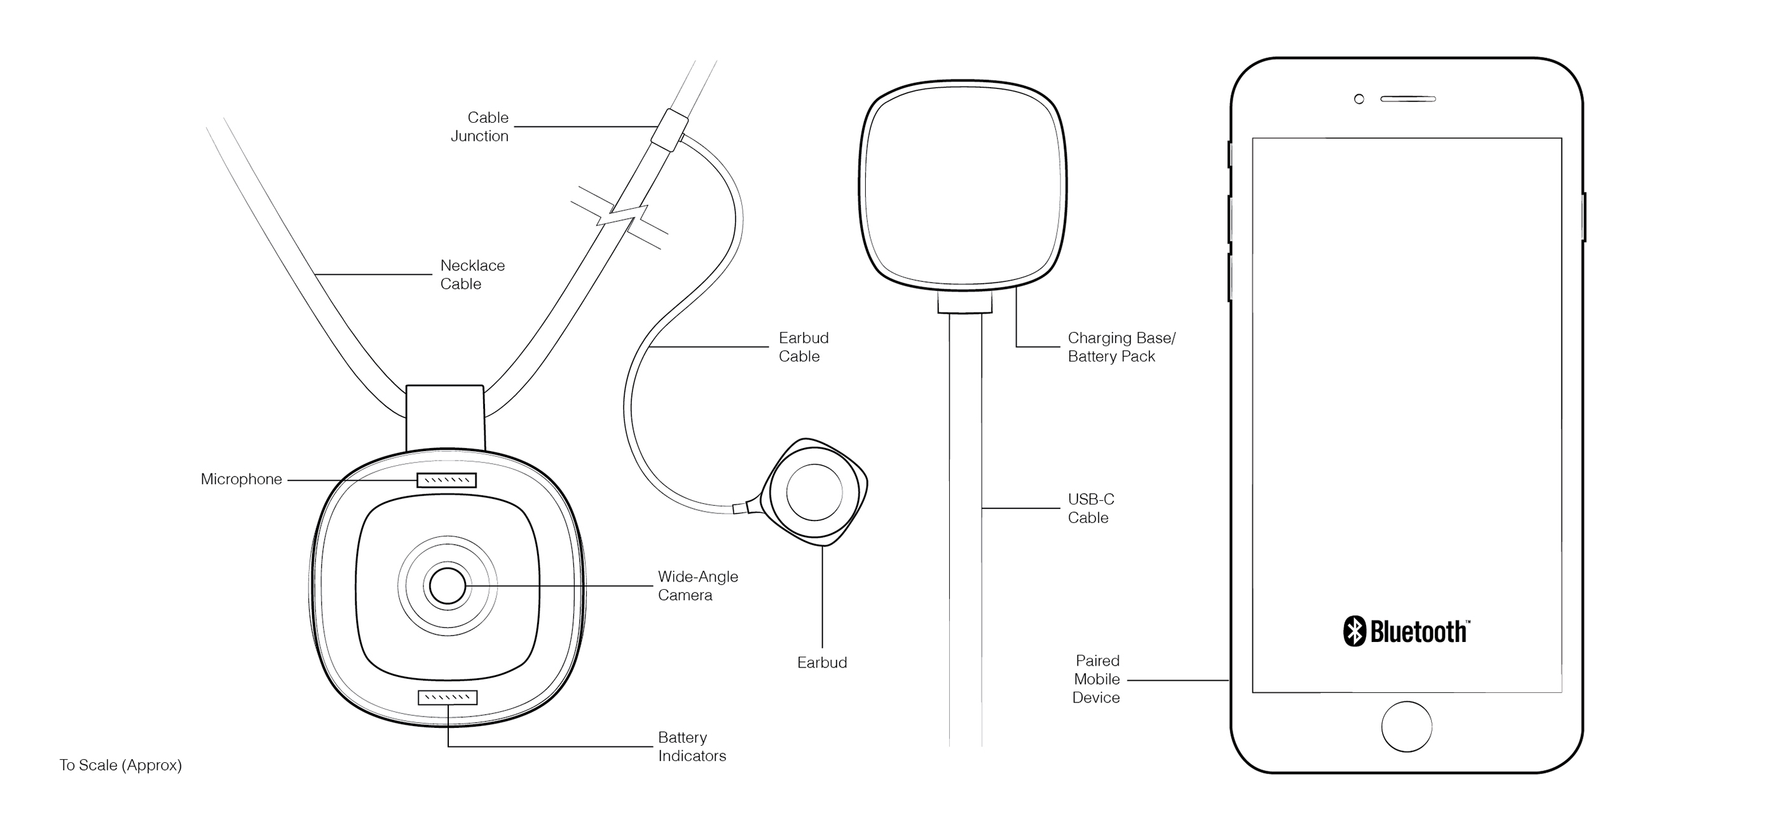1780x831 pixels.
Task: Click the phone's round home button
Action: click(1406, 727)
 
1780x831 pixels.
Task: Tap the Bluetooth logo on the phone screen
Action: click(1406, 631)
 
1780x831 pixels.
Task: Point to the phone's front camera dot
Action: click(1359, 99)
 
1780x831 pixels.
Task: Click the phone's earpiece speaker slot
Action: click(1407, 99)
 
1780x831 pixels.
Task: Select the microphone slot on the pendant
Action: click(446, 480)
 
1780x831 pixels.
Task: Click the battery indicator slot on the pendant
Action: click(447, 697)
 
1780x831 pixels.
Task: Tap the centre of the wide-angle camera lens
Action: click(447, 585)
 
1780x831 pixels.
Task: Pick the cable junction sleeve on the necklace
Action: click(669, 129)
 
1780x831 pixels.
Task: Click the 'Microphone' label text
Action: click(241, 479)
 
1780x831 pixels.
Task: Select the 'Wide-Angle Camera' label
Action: click(697, 585)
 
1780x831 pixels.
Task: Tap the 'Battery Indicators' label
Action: click(691, 746)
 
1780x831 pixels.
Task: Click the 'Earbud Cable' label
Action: click(803, 347)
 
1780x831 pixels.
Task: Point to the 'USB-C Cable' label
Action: click(1090, 508)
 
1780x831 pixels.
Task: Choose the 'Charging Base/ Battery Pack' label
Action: click(1121, 347)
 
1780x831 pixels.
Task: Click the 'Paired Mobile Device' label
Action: click(1096, 679)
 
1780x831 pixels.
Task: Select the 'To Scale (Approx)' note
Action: click(120, 765)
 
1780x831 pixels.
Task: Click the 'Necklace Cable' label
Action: click(472, 274)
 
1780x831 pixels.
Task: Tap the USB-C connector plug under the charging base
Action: click(964, 303)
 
